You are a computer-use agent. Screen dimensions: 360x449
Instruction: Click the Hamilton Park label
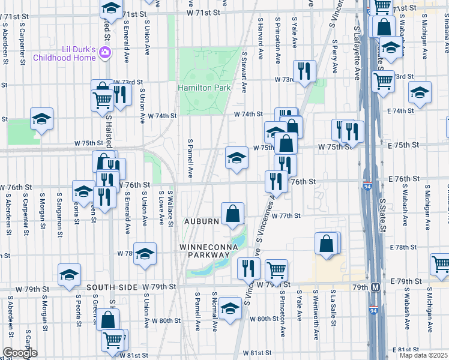205,88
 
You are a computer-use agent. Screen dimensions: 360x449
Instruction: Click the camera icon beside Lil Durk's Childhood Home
105,53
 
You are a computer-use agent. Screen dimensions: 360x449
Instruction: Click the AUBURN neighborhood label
202,221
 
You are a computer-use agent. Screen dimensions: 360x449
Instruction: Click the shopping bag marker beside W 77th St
232,213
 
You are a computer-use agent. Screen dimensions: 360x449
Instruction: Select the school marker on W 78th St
145,254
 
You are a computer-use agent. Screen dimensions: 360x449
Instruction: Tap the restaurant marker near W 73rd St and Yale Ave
305,71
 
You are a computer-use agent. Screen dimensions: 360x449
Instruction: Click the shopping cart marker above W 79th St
276,270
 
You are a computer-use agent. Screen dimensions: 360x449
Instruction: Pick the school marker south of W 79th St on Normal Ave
229,308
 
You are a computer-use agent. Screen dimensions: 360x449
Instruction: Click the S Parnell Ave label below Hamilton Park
190,159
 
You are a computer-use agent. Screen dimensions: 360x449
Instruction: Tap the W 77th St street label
285,215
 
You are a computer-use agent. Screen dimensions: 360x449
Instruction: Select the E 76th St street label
403,179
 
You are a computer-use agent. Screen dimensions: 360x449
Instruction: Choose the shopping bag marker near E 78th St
327,244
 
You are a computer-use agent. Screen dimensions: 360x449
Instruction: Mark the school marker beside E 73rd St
420,92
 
